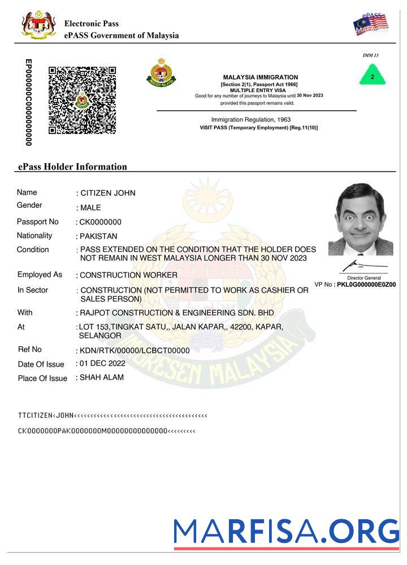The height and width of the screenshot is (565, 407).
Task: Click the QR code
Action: tap(82, 100)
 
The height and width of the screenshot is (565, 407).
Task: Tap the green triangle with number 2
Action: tap(372, 76)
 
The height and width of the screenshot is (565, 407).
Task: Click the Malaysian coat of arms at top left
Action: tap(38, 25)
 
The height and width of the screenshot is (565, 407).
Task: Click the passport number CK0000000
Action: tap(101, 222)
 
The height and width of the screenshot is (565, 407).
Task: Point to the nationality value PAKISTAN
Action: tap(99, 236)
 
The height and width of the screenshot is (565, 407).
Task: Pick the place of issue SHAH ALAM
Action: tap(102, 377)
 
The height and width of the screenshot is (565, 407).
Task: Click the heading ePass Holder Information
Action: tap(72, 167)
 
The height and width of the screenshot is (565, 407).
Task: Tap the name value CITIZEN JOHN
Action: tap(108, 193)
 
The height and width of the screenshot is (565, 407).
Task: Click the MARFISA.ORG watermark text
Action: tap(286, 532)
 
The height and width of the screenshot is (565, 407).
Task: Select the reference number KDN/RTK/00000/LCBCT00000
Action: tap(135, 350)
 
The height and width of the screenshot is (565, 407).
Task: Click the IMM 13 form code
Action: tap(370, 55)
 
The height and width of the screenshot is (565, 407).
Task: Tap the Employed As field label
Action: tap(40, 275)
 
